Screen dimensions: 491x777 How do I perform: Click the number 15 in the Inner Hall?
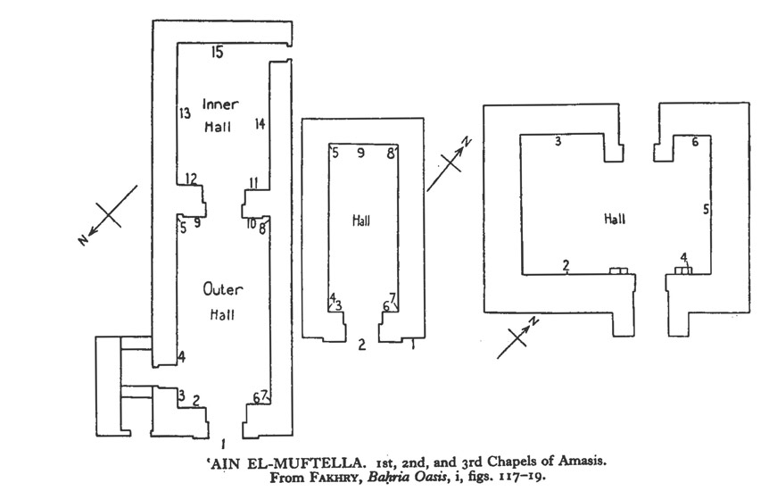[217, 53]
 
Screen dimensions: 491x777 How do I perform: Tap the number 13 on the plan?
[185, 113]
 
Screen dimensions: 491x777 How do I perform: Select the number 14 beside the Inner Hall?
[260, 123]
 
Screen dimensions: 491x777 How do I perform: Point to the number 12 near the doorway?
[191, 179]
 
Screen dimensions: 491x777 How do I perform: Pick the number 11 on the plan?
[253, 183]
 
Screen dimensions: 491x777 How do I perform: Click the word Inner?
[219, 104]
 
